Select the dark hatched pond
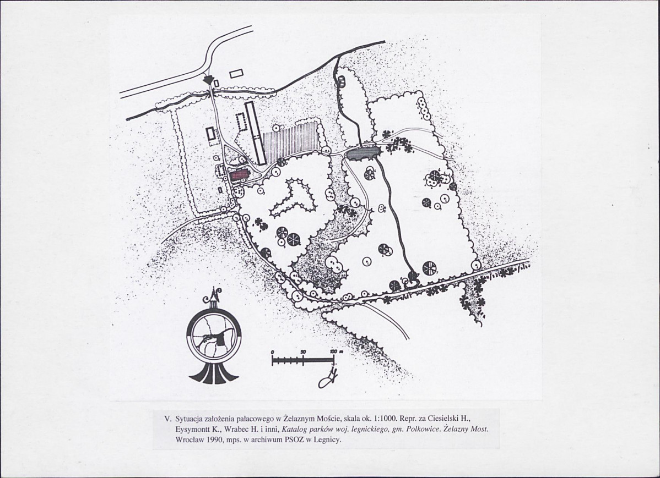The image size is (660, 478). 363,152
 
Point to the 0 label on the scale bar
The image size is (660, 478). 272,351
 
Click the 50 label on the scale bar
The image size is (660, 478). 302,351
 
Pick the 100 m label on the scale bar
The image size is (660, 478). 336,351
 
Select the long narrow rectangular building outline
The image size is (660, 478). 256,133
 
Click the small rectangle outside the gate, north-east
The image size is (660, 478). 236,74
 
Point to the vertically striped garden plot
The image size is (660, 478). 290,142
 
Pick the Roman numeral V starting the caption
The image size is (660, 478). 167,419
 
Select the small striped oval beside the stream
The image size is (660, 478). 341,80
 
